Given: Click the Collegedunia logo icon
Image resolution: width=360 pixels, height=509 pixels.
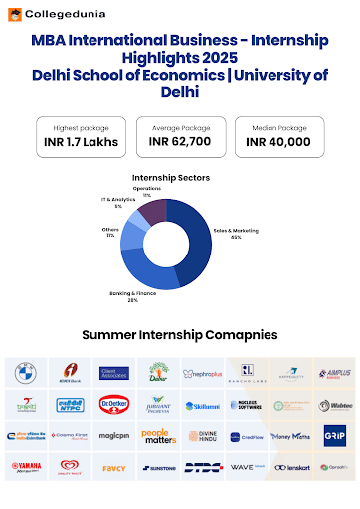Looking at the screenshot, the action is pos(15,14).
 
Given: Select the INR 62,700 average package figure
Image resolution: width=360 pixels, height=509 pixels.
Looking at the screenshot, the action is pos(179,142).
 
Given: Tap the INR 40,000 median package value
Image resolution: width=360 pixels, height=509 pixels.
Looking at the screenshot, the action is pos(278,142).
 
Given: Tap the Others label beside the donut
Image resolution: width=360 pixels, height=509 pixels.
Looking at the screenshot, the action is pos(111,234).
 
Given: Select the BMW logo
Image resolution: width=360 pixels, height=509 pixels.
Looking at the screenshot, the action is pos(26,373).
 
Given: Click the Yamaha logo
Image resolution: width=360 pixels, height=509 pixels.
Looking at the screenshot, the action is pos(26,467).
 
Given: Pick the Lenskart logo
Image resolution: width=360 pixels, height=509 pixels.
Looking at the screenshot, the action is pos(290,467).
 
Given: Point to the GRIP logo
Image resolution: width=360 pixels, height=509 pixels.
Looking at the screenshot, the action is pos(334,436).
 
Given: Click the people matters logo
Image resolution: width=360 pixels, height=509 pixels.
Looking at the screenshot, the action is pos(158,436).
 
